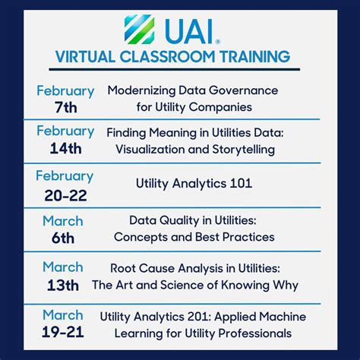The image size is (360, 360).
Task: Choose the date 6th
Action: point(64,238)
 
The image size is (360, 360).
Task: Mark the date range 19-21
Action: point(63,331)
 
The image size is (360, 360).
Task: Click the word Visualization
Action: point(151,150)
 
